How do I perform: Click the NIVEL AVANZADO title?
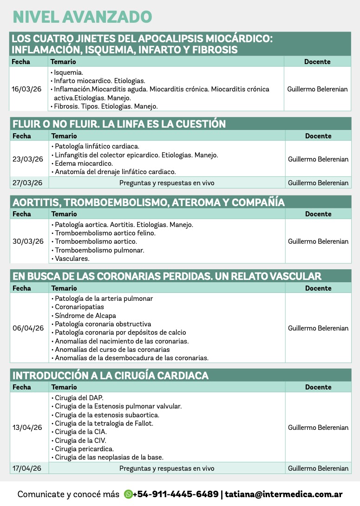[x=82, y=17]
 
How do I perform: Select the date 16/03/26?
[x=26, y=89]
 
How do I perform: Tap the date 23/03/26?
[x=28, y=159]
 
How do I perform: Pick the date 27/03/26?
[x=27, y=183]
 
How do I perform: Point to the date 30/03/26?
[x=28, y=241]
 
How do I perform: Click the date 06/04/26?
[x=28, y=328]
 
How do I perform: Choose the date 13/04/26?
[x=27, y=428]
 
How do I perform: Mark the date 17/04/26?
[x=27, y=468]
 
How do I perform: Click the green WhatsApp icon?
[x=128, y=494]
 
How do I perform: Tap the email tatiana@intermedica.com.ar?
[x=284, y=494]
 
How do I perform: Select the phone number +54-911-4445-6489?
[x=176, y=494]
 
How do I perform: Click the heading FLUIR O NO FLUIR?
[x=119, y=124]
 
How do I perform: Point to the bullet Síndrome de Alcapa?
[x=85, y=316]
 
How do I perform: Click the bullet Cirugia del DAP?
[x=79, y=398]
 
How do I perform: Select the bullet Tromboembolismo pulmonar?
[x=99, y=250]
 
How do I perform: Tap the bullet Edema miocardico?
[x=84, y=163]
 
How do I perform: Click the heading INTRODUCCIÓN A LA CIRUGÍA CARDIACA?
[x=111, y=376]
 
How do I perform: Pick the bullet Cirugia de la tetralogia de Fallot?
[x=104, y=423]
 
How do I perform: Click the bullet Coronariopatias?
[x=79, y=307]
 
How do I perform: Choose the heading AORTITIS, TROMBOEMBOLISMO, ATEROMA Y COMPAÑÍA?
[x=149, y=202]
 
